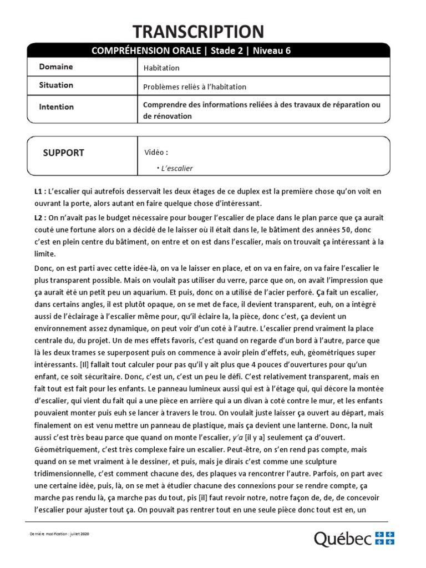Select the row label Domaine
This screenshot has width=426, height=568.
(55, 67)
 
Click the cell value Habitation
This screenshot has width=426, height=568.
(161, 68)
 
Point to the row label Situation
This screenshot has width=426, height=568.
(56, 85)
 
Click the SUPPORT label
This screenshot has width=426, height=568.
(64, 153)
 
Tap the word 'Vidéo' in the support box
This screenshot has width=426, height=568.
(155, 153)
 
